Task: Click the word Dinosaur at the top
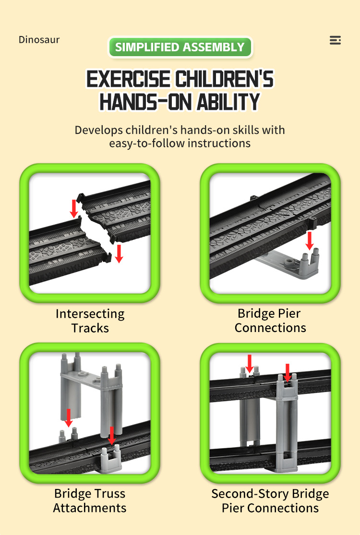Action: pyautogui.click(x=39, y=39)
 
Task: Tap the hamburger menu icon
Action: pyautogui.click(x=335, y=40)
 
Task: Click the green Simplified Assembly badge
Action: pyautogui.click(x=180, y=47)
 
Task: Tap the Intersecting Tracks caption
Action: pyautogui.click(x=90, y=321)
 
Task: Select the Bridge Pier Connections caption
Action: pyautogui.click(x=270, y=321)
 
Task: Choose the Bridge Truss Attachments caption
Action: pyautogui.click(x=90, y=500)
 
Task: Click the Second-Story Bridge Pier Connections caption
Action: pyautogui.click(x=270, y=500)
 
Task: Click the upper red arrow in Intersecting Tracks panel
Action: pyautogui.click(x=74, y=209)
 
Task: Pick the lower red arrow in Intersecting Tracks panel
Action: pyautogui.click(x=119, y=253)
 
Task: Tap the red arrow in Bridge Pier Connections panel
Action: pyautogui.click(x=310, y=240)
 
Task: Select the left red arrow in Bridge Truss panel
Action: pyautogui.click(x=69, y=418)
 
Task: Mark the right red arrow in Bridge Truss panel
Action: pyautogui.click(x=112, y=436)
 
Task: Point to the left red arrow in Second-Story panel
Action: pyautogui.click(x=250, y=363)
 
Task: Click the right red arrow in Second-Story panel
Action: pyautogui.click(x=288, y=373)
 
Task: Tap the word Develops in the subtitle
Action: pyautogui.click(x=98, y=130)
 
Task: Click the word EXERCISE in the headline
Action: pyautogui.click(x=128, y=79)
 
